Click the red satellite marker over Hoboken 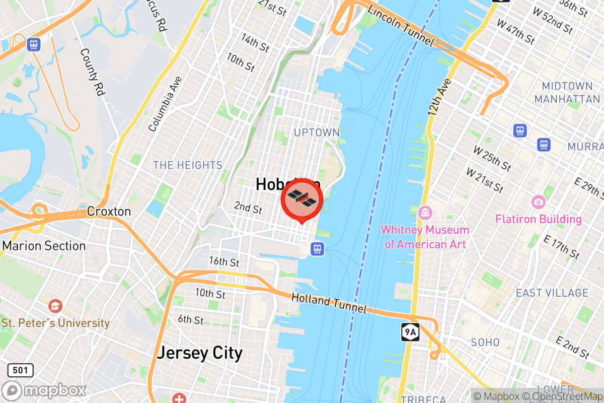[301, 200]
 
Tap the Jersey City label [200, 353]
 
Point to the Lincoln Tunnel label [401, 24]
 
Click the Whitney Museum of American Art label [425, 237]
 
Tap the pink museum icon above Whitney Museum [425, 212]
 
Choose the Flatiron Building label [539, 219]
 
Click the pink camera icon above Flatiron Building [538, 203]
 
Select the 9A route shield [410, 332]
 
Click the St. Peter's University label [55, 323]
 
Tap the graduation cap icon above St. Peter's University [55, 306]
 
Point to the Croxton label [109, 211]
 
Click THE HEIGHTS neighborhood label [188, 165]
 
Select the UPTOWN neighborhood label [317, 132]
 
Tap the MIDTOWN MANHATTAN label [567, 92]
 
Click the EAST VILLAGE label [552, 293]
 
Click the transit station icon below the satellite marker [317, 249]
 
